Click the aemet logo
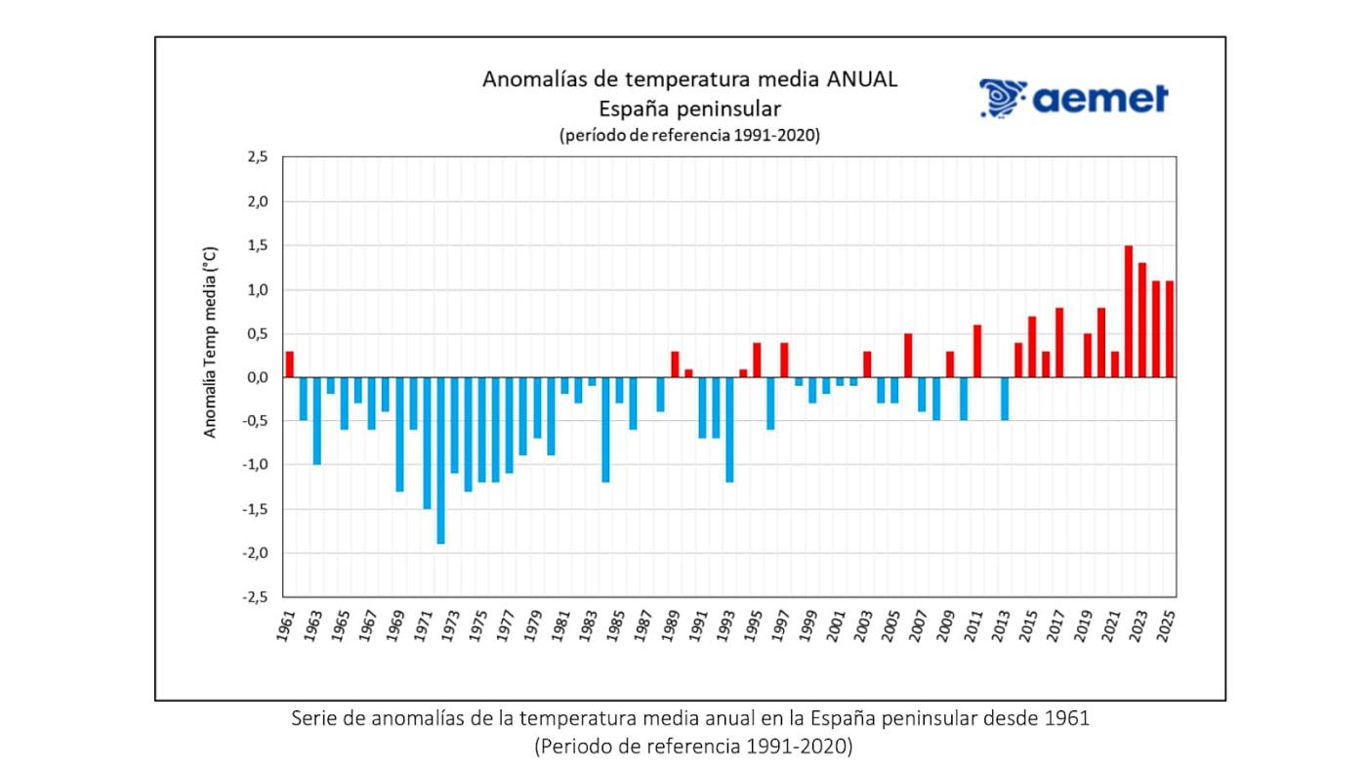1073,99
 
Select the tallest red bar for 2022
1128,311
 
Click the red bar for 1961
290,364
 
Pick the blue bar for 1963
317,421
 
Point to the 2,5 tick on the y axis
257,157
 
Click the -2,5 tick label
255,597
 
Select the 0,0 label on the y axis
257,377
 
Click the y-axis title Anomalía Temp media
211,342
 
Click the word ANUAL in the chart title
861,79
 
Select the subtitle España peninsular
689,107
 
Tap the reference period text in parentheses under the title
689,136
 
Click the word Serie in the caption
314,718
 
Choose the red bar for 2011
977,351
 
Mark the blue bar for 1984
605,430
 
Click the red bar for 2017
1059,342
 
